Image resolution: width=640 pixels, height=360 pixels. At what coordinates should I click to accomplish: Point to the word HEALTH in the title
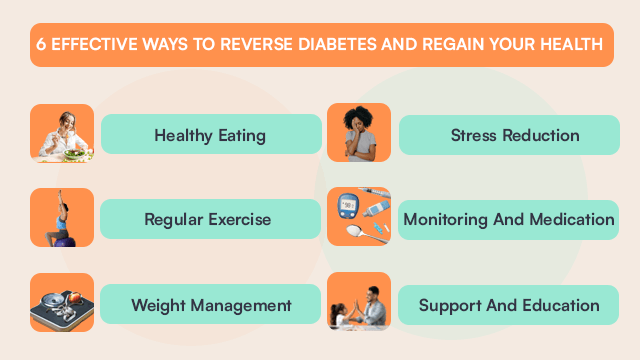coord(571,45)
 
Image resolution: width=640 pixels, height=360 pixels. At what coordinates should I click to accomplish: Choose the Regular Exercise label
coord(207,219)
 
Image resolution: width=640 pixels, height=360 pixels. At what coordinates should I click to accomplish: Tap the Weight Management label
coord(211,304)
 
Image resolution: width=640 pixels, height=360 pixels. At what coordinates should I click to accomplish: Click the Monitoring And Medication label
coord(508,219)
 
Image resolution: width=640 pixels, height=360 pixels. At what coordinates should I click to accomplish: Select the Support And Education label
coord(509,304)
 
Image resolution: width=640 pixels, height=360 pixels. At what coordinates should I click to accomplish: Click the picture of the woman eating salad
coord(62,133)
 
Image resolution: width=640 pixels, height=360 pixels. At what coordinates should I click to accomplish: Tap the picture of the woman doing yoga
coord(62,217)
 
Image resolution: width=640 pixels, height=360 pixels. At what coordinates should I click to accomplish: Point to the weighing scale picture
coord(62,302)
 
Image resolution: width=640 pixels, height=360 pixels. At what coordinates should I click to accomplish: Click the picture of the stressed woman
coord(359,133)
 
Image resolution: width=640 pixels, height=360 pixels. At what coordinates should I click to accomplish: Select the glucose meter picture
coord(359,217)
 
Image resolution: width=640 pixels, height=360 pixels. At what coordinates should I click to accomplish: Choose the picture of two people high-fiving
coord(359,302)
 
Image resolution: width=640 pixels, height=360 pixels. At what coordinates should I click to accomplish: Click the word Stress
coord(475,135)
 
